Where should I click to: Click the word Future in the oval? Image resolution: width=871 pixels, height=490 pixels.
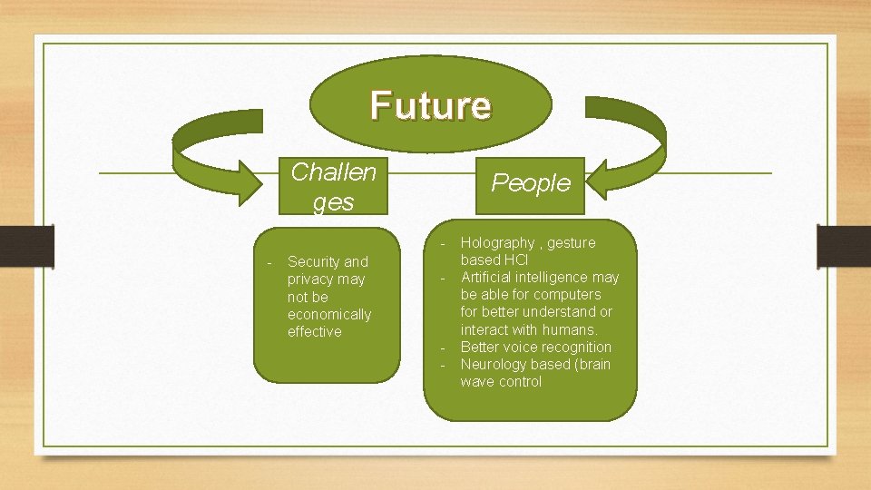pos(430,105)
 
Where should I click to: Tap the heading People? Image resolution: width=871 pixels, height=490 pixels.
pos(531,182)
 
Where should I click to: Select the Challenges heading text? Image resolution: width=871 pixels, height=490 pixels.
pos(332,186)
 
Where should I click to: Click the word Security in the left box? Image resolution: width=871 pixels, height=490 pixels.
pos(314,262)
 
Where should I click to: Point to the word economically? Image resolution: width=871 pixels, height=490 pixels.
pos(329,314)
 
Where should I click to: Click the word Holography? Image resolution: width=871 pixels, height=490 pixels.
pos(498,242)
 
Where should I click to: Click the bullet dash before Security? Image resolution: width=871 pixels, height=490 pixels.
pos(269,262)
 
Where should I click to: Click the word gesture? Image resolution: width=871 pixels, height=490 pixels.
pos(572,242)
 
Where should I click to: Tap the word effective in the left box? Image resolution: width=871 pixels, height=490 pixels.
pos(315,331)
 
